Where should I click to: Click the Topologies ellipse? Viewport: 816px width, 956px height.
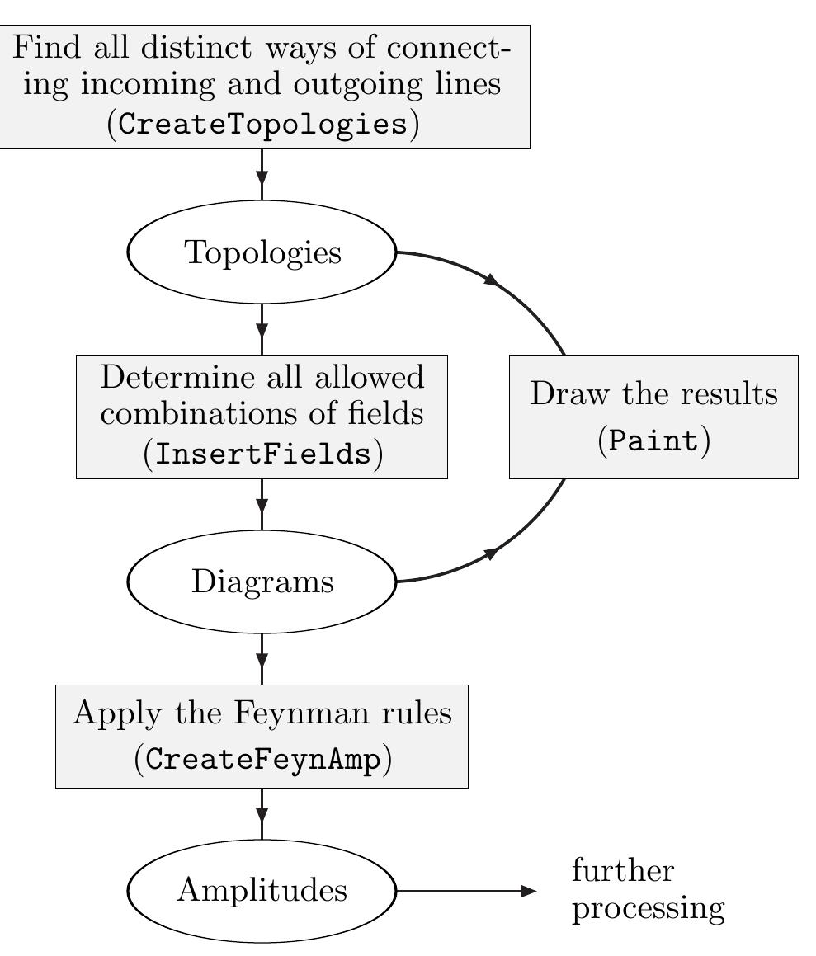(x=262, y=252)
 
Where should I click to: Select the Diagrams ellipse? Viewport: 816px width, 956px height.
(x=262, y=582)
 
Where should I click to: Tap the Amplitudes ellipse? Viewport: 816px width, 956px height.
(x=262, y=891)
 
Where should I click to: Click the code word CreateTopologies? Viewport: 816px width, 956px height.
(x=262, y=125)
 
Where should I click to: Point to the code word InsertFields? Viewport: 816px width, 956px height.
(x=262, y=454)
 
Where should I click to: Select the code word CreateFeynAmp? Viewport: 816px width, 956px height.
(x=262, y=760)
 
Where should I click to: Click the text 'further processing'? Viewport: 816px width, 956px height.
(x=648, y=890)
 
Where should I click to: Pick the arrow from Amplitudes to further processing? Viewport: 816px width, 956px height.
(x=466, y=891)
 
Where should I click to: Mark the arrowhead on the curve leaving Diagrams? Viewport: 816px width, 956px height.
(x=491, y=553)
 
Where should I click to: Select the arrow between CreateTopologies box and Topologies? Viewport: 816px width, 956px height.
(x=262, y=174)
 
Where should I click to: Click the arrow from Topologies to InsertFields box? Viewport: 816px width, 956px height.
(x=262, y=329)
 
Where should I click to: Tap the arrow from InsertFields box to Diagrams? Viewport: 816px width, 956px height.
(x=262, y=504)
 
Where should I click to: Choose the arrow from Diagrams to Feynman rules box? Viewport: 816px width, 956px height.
(x=262, y=658)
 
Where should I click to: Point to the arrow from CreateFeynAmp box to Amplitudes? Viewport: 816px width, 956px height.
(x=262, y=813)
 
